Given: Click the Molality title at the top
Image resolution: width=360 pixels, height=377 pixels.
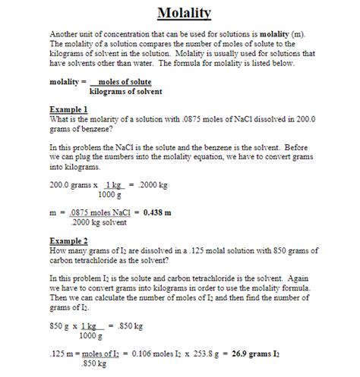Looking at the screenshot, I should [184, 14].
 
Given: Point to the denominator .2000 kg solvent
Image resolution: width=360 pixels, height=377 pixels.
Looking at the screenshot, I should [96, 222].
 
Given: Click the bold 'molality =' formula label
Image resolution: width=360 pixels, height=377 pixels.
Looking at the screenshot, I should [66, 81].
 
